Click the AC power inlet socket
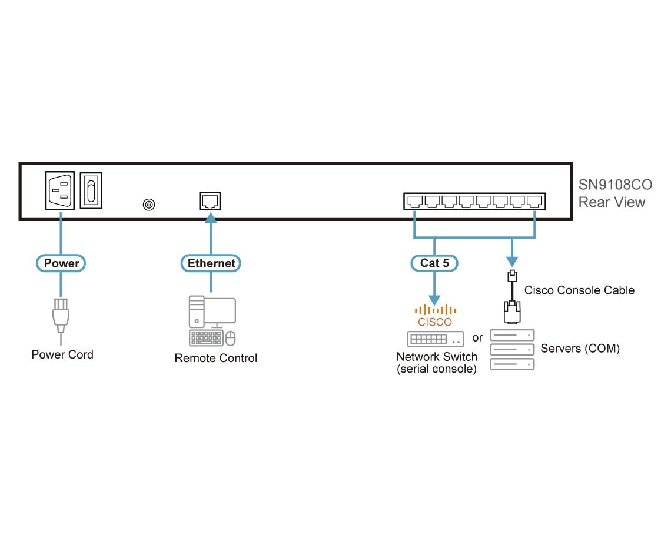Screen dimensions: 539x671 (60, 190)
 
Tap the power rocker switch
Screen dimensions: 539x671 (91, 190)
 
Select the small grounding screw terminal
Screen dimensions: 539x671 (149, 205)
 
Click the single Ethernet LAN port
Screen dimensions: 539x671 (210, 201)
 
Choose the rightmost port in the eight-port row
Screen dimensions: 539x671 (534, 202)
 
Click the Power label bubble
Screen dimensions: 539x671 (61, 263)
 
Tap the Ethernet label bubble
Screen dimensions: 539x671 (211, 263)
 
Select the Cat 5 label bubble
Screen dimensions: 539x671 (434, 263)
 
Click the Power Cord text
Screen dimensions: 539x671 (62, 354)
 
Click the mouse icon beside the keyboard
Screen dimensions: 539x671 (231, 338)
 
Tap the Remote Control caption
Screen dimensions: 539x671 (215, 358)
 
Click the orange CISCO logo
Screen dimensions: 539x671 (435, 316)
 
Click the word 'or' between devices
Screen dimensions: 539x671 (477, 338)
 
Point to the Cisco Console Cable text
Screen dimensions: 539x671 (579, 290)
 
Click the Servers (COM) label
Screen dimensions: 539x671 (580, 349)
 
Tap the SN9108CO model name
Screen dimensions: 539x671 (615, 186)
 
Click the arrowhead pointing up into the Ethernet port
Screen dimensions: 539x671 (210, 218)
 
